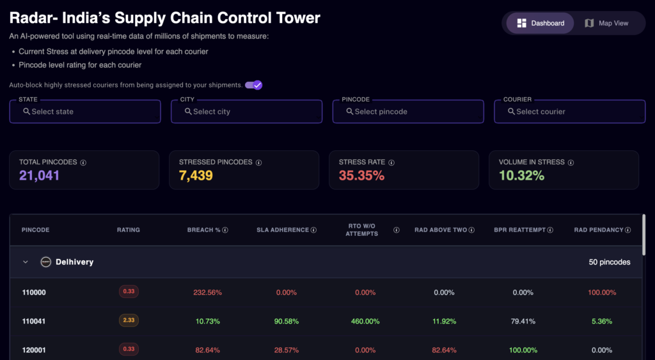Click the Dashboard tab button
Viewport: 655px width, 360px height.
click(x=541, y=23)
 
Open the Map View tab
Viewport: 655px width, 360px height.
click(x=606, y=23)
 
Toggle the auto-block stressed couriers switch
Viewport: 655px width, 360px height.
click(x=254, y=85)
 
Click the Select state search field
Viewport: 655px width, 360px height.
click(x=85, y=111)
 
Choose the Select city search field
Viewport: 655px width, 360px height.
click(x=246, y=111)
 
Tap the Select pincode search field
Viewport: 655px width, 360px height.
click(x=408, y=111)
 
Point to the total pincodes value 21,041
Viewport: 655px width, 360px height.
click(x=39, y=175)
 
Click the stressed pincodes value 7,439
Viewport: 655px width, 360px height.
click(x=196, y=175)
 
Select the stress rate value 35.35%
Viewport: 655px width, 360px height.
click(x=361, y=175)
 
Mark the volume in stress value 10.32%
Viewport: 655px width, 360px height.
click(x=521, y=175)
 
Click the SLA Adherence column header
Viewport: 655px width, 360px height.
click(x=283, y=230)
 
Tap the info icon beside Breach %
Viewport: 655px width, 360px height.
click(x=225, y=230)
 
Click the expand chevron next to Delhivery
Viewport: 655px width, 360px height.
click(x=26, y=262)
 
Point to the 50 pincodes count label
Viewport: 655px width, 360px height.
click(x=609, y=262)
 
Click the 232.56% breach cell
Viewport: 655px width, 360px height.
click(x=207, y=292)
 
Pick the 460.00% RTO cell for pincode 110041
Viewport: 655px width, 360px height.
click(x=366, y=321)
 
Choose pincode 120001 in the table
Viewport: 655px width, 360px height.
click(x=33, y=350)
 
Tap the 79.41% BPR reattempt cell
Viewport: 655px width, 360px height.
click(x=523, y=321)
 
